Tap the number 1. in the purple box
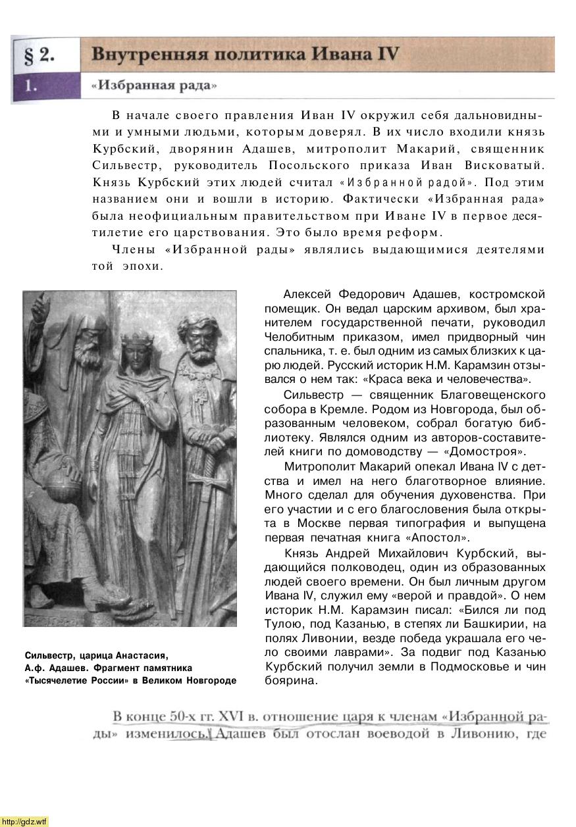(30, 86)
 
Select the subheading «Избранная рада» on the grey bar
(154, 86)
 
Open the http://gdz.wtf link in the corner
(24, 822)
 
